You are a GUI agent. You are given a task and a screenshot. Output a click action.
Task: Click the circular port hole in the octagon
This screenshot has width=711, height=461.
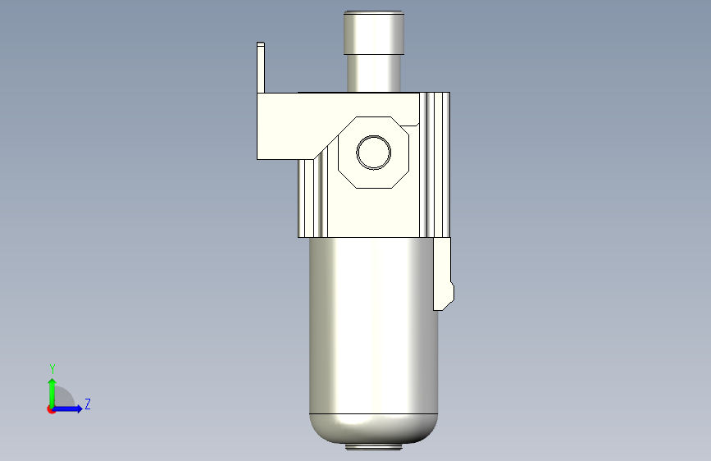pyautogui.click(x=374, y=153)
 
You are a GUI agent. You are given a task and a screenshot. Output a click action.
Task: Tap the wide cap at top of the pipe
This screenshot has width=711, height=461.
pyautogui.click(x=374, y=33)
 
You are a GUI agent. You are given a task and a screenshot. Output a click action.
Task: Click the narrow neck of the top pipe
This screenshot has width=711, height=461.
pyautogui.click(x=374, y=74)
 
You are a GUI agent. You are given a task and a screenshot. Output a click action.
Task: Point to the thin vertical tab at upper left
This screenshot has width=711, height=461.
pyautogui.click(x=261, y=67)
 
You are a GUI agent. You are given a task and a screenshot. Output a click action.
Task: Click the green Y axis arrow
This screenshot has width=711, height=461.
pyautogui.click(x=52, y=393)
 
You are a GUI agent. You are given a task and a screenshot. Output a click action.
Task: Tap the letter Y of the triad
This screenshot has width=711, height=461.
pyautogui.click(x=52, y=369)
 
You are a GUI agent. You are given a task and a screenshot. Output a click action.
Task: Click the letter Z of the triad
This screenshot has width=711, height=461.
pyautogui.click(x=88, y=404)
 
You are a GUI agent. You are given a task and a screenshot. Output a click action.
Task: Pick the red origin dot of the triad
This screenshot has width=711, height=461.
pyautogui.click(x=49, y=409)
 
